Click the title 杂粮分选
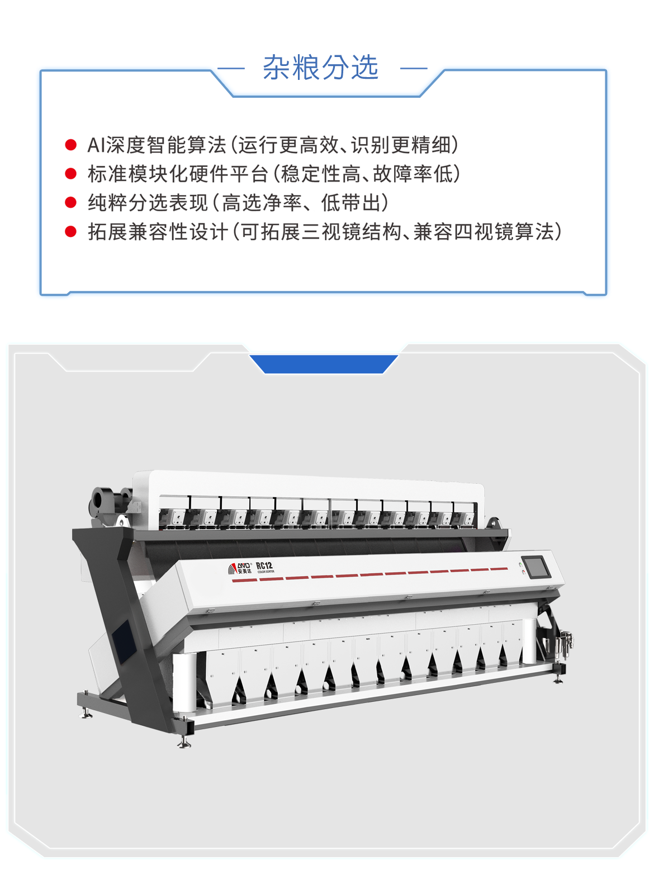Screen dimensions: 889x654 pyautogui.click(x=321, y=68)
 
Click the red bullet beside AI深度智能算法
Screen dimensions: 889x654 pyautogui.click(x=71, y=145)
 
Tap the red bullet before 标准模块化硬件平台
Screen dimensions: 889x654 pyautogui.click(x=71, y=174)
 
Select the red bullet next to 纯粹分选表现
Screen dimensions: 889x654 pyautogui.click(x=71, y=202)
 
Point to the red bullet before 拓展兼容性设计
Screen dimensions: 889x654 pyautogui.click(x=71, y=231)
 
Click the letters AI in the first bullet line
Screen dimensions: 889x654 pyautogui.click(x=96, y=145)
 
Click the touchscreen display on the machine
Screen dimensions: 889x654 pyautogui.click(x=535, y=567)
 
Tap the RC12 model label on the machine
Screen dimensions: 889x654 pyautogui.click(x=264, y=566)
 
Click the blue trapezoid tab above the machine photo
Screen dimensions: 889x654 pyautogui.click(x=324, y=364)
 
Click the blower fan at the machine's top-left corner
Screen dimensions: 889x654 pyautogui.click(x=103, y=501)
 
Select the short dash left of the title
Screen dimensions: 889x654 pyautogui.click(x=230, y=68)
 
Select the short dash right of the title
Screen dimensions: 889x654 pyautogui.click(x=414, y=68)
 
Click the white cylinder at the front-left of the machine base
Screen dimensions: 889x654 pyautogui.click(x=184, y=683)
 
